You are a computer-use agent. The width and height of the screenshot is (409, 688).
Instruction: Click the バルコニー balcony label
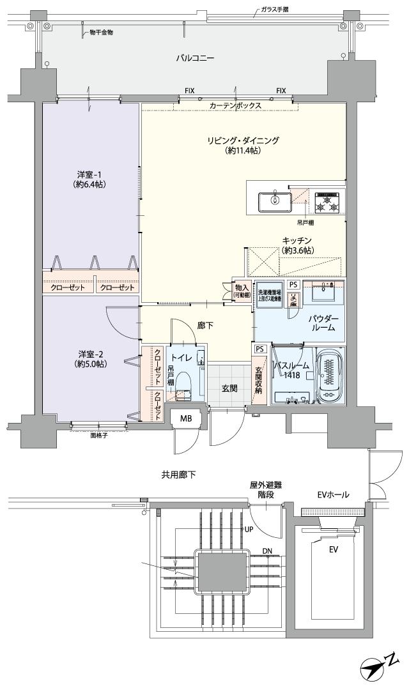click(x=195, y=58)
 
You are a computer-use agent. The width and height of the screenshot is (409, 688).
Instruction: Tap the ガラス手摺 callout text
click(x=279, y=10)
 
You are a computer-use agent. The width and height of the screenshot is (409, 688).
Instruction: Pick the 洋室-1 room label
click(x=90, y=174)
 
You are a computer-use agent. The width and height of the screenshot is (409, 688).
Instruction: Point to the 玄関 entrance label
click(x=229, y=388)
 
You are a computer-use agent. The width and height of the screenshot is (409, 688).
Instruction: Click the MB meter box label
click(x=185, y=418)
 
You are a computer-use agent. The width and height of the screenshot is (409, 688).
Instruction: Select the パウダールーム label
click(x=323, y=322)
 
